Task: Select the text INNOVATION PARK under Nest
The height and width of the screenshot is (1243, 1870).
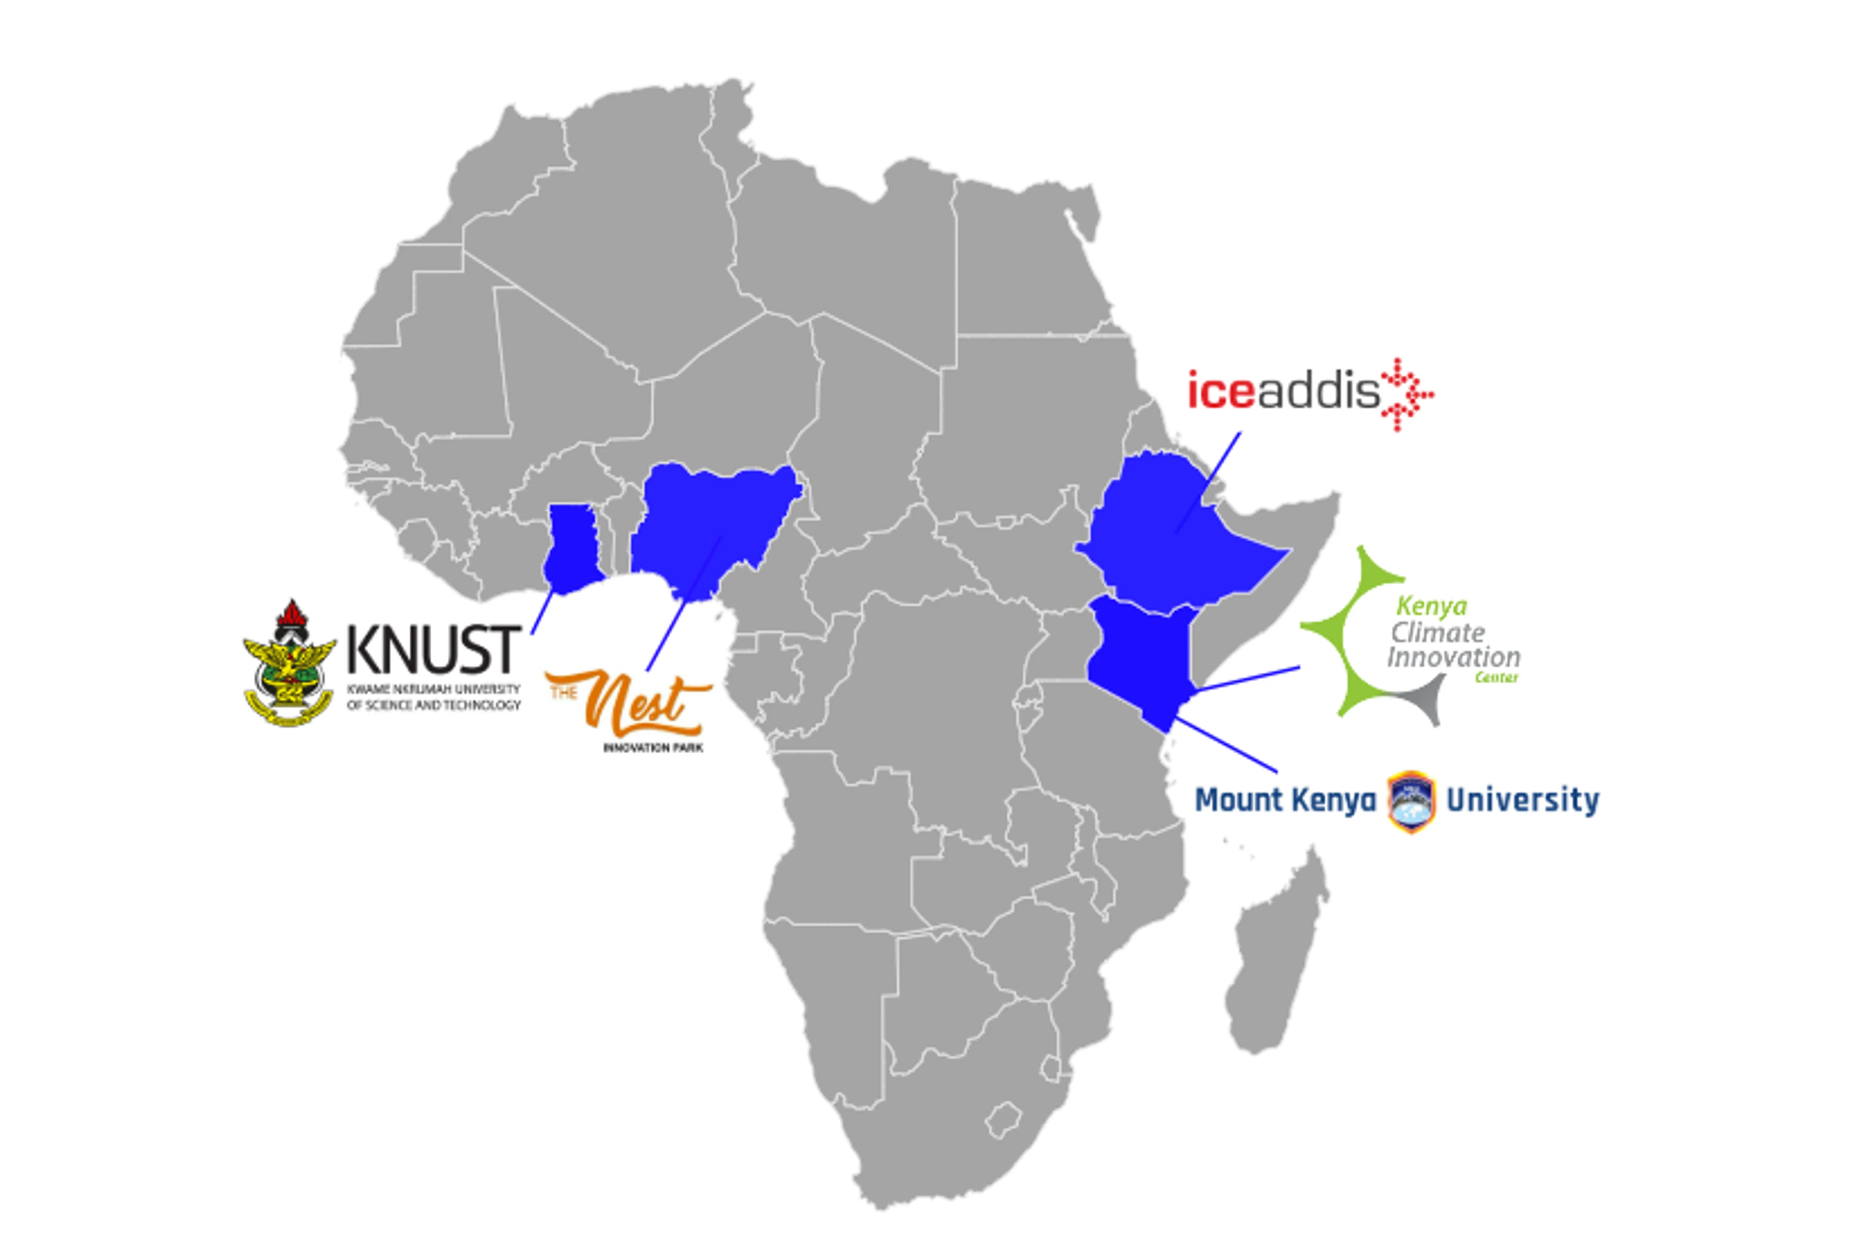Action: [653, 747]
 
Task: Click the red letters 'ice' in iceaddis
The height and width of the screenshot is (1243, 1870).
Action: [1221, 392]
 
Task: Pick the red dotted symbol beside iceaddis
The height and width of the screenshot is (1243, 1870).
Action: [1406, 394]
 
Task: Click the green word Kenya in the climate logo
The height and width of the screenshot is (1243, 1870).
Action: [1431, 607]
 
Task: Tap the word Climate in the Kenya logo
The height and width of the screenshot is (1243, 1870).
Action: [1437, 632]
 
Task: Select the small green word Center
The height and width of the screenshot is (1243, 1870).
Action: [1496, 678]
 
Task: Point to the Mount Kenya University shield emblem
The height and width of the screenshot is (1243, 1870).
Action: [1411, 800]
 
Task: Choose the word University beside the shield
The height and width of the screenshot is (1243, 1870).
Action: [1522, 800]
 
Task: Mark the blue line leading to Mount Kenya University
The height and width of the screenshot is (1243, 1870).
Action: [1229, 745]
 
